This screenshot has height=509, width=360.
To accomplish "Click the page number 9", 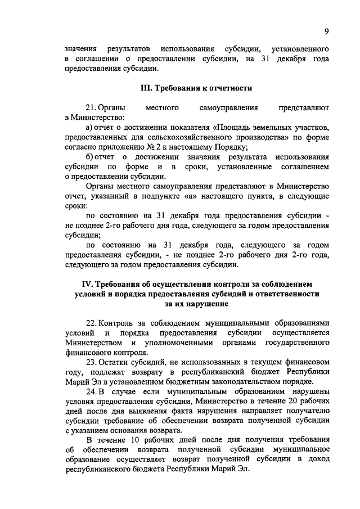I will [327, 31].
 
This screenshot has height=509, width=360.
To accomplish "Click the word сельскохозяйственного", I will [195, 137].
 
